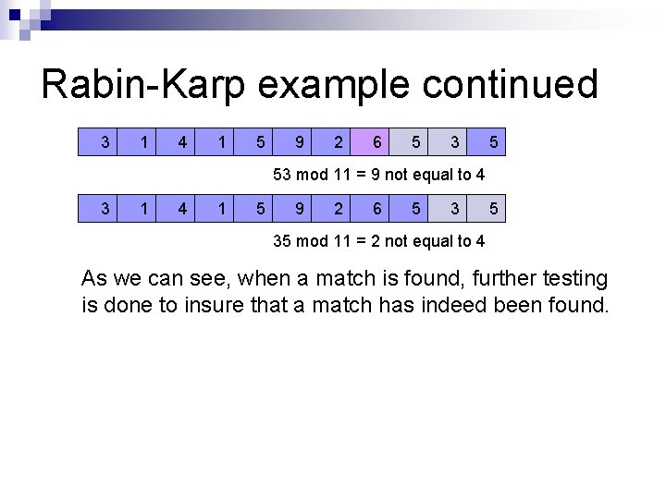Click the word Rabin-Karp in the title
coord(144,85)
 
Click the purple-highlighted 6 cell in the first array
coord(376,142)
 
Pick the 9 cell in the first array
coord(299,142)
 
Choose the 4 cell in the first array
coord(182,142)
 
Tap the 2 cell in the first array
coord(338,142)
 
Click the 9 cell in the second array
coord(299,209)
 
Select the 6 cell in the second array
coord(376,209)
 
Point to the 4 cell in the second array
coord(182,209)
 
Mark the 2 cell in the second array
coord(338,209)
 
